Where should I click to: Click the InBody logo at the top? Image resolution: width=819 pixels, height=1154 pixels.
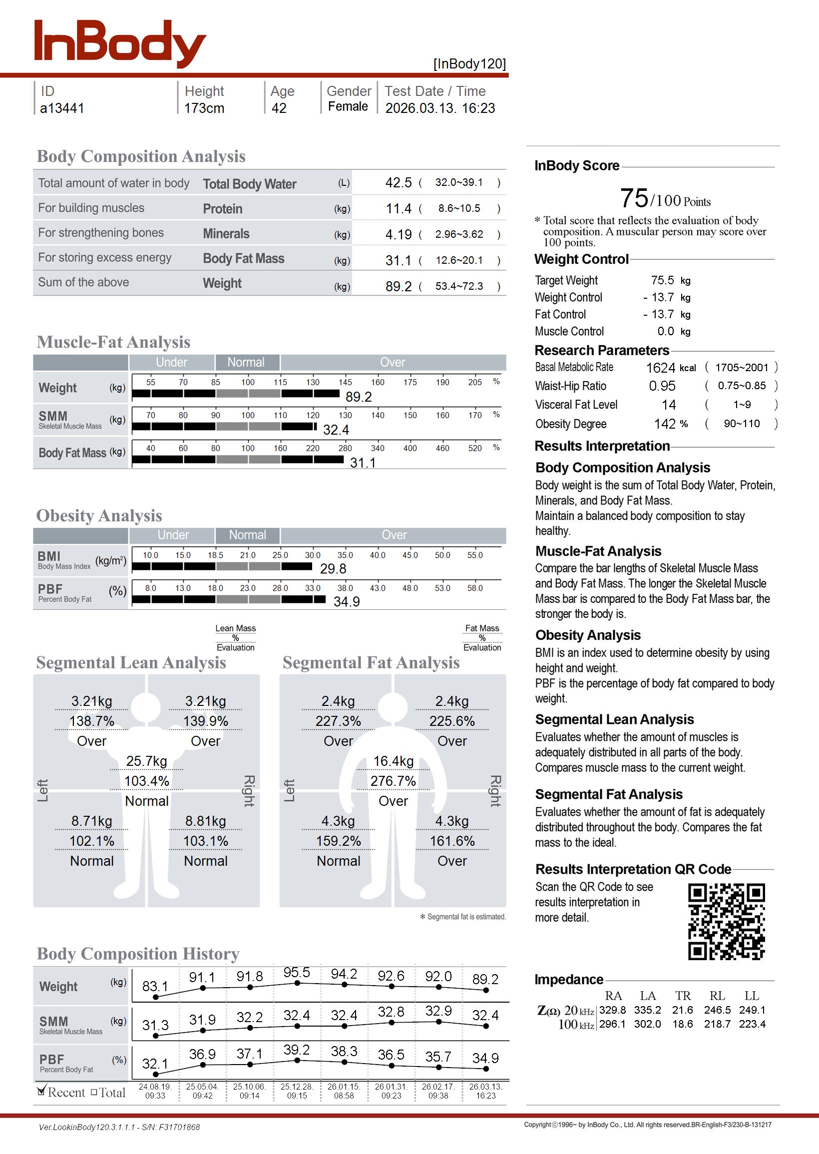click(x=119, y=44)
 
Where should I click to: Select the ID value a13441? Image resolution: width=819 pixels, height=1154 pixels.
click(x=62, y=108)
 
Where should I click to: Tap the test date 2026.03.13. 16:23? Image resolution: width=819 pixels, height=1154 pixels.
click(x=440, y=108)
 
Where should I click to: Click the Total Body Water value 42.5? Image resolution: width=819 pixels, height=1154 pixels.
click(x=399, y=182)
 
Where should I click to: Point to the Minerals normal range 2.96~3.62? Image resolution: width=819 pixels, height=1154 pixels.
click(x=459, y=234)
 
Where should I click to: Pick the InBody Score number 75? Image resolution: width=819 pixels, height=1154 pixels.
click(x=634, y=198)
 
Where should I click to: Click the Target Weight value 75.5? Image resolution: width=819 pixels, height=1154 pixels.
click(x=662, y=280)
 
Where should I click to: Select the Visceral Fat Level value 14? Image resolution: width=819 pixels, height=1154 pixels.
click(x=669, y=405)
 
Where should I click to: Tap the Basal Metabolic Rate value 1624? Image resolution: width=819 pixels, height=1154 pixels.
click(x=661, y=368)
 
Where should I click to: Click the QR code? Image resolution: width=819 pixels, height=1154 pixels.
click(x=726, y=922)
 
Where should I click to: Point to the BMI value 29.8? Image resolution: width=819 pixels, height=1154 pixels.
click(x=333, y=569)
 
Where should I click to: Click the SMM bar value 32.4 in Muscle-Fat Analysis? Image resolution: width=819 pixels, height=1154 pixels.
click(x=336, y=430)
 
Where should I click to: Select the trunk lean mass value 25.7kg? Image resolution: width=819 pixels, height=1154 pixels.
click(x=146, y=761)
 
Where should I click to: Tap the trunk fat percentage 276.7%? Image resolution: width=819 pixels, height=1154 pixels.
click(x=393, y=781)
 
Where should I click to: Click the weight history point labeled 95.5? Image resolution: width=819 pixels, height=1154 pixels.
click(x=297, y=983)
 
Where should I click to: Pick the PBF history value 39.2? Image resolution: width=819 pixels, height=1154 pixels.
click(x=297, y=1050)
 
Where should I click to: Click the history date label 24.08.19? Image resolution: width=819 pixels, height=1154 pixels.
click(x=155, y=1087)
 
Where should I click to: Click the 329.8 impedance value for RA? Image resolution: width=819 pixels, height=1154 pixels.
click(x=612, y=1010)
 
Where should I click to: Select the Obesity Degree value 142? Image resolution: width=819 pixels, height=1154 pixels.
click(x=665, y=424)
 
